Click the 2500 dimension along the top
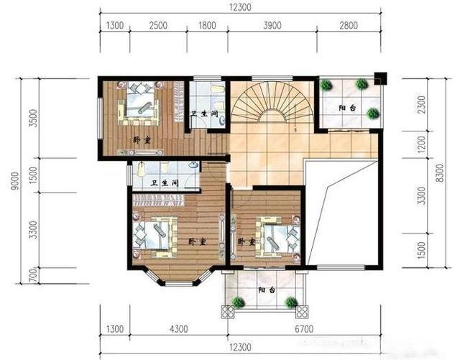(158, 26)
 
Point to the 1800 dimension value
(207, 26)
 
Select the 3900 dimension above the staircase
(272, 26)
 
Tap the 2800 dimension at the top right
(349, 26)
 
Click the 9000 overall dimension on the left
(15, 181)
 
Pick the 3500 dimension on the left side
(34, 118)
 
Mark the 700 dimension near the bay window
(34, 275)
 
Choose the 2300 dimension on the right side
(421, 105)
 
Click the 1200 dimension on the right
(421, 144)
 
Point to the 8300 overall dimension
(440, 173)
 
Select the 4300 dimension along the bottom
(179, 329)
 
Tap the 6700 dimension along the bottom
(304, 329)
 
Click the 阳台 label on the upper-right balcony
(347, 108)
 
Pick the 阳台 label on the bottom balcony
(267, 290)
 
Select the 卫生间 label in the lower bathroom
(165, 183)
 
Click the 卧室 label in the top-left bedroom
(142, 140)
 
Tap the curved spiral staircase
(273, 101)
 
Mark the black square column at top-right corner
(380, 78)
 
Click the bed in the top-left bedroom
(139, 103)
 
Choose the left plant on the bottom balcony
(239, 303)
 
